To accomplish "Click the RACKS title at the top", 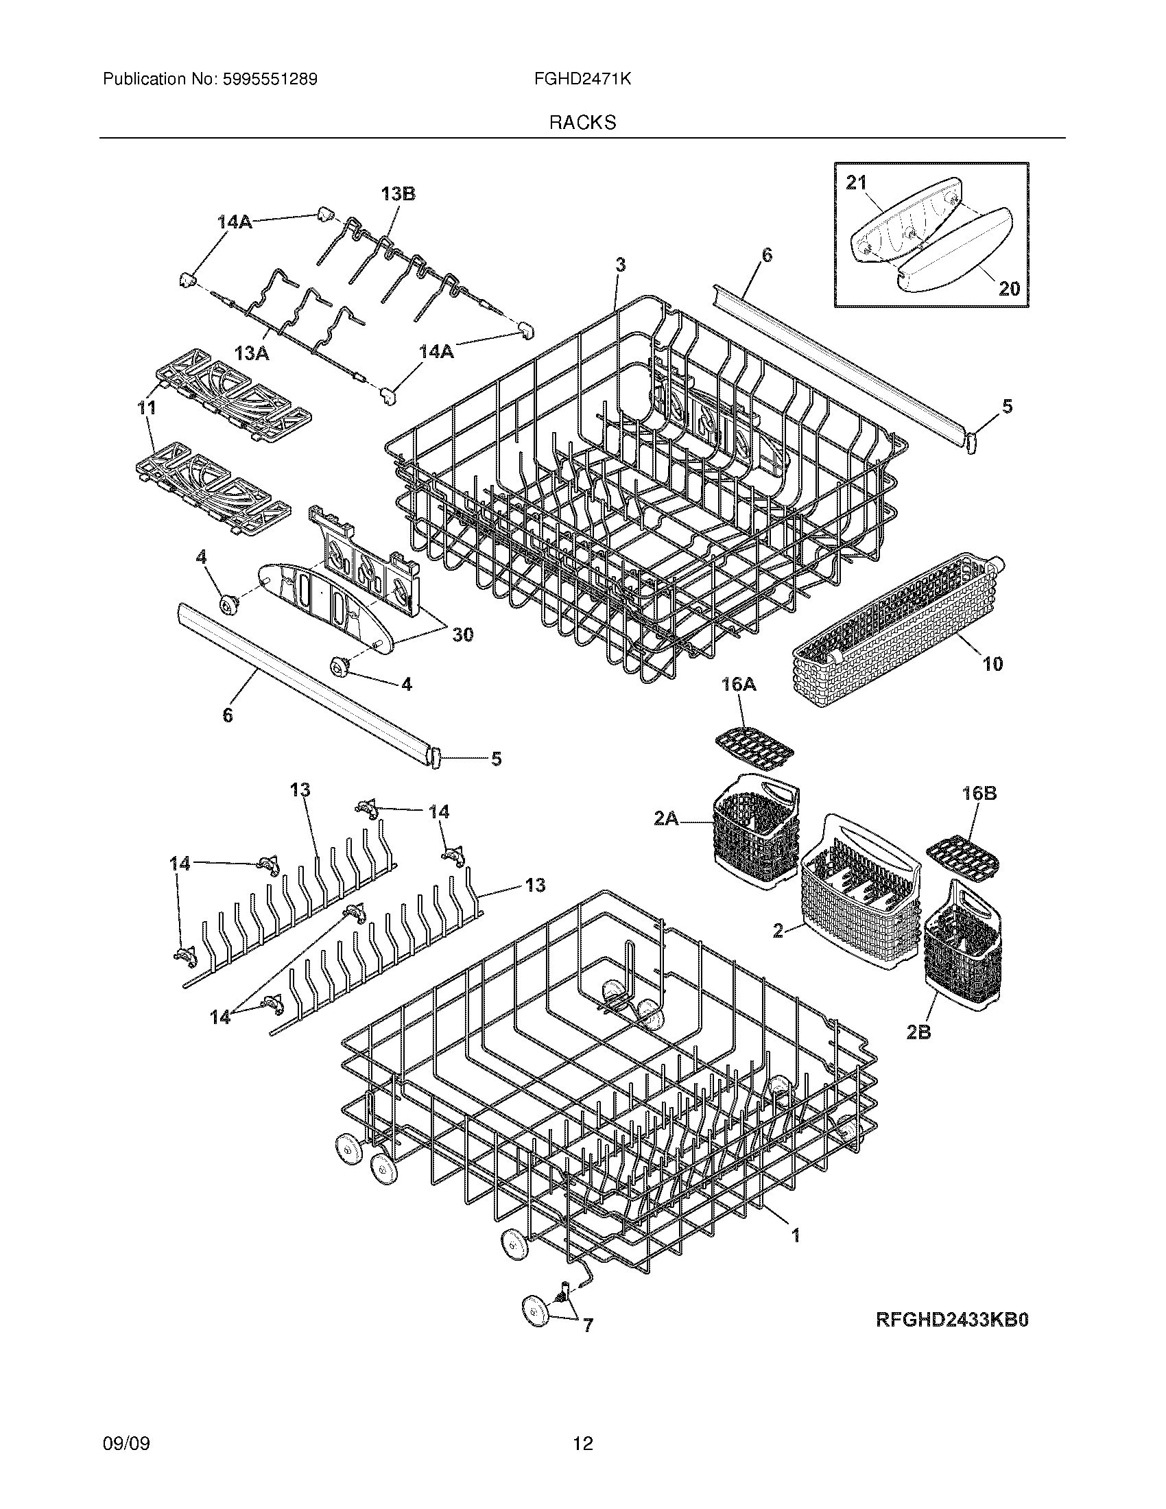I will coord(582,123).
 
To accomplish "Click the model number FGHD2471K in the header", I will coord(582,80).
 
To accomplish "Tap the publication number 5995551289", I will coord(270,80).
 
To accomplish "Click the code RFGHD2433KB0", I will coord(953,1320).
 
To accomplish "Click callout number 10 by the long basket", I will coord(992,665).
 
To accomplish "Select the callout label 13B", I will coord(398,194).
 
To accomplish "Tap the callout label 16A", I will coord(739,685).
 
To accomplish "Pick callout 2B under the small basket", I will coord(918,1051).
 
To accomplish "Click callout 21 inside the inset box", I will coord(856,183).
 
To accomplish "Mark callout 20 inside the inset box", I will coord(1009,288).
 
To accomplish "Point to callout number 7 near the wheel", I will coord(587,1325).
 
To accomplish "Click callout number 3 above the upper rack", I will coord(620,264).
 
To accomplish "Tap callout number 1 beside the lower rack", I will coord(795,1235).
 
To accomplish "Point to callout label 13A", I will coord(252,354).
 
